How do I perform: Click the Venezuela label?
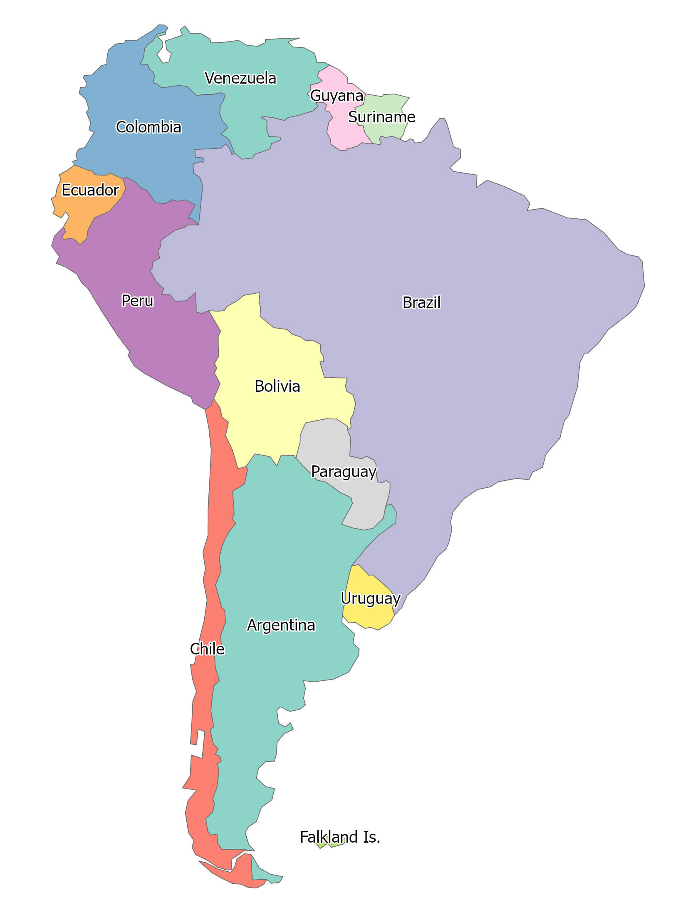click(240, 78)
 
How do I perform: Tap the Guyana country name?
click(337, 96)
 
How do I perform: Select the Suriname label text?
click(381, 117)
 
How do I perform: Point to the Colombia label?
click(149, 127)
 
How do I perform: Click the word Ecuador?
click(90, 190)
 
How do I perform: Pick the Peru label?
click(137, 300)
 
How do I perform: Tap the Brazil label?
click(421, 302)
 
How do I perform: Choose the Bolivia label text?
click(277, 386)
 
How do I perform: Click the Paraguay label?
click(344, 472)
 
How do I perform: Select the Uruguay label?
click(370, 598)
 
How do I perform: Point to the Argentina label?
click(281, 625)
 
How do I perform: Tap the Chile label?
click(207, 649)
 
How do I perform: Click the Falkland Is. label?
click(340, 837)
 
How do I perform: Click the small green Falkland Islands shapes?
click(336, 845)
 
